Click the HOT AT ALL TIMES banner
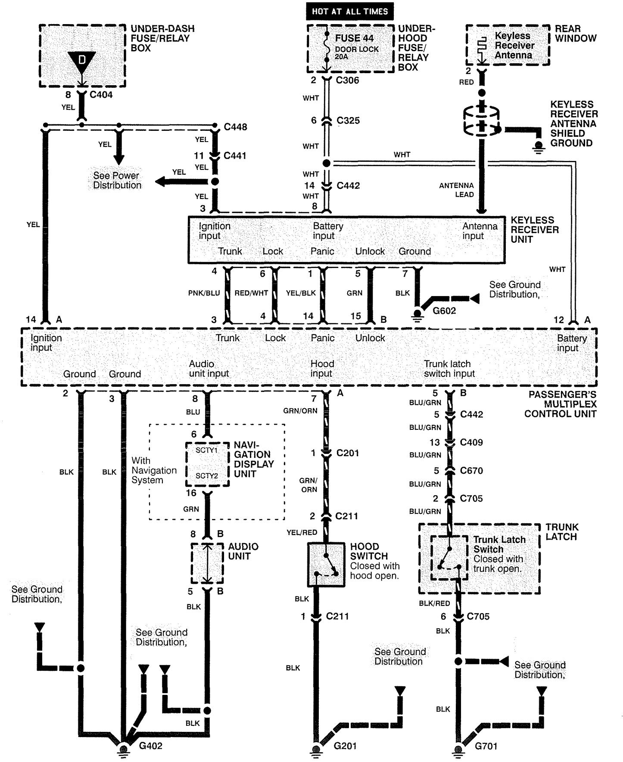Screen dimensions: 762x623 coord(349,12)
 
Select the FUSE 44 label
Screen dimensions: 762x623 coord(354,38)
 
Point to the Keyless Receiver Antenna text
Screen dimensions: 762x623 coord(514,45)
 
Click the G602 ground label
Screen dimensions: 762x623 coord(444,311)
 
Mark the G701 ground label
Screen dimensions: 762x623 coord(486,746)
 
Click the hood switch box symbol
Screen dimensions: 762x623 coord(326,565)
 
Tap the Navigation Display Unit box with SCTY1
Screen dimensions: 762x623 coord(207,464)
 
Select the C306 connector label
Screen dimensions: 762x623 coord(347,80)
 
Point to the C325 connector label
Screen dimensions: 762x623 coord(348,120)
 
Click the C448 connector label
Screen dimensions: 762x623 coord(235,127)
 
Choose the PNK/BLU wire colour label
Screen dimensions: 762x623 coord(204,293)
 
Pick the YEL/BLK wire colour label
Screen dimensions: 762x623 coord(301,293)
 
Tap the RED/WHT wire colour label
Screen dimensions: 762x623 coord(251,293)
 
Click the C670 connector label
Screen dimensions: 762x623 coord(471,470)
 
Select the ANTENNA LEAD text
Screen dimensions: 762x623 coord(456,190)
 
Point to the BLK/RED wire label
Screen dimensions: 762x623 coord(434,603)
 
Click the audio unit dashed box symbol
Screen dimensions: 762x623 coord(207,563)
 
